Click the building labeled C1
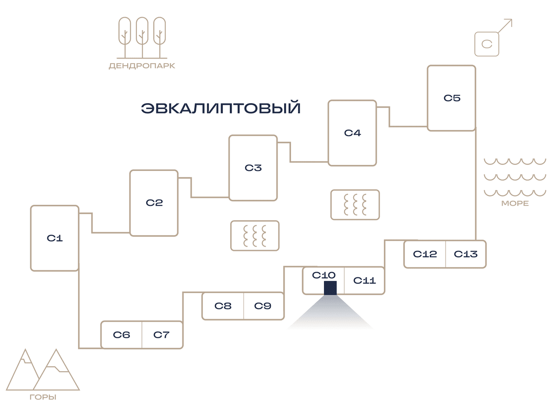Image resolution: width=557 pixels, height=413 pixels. (55, 238)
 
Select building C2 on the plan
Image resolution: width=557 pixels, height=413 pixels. (154, 203)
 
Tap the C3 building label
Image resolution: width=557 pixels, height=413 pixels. (253, 168)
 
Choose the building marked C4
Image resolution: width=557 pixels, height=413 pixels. (352, 133)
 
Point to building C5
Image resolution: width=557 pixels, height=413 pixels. (452, 98)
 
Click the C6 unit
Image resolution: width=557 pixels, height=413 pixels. (121, 335)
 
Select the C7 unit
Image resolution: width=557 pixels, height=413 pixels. (162, 335)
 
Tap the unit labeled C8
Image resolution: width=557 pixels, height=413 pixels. (223, 306)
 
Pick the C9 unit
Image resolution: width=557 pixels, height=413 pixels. (264, 306)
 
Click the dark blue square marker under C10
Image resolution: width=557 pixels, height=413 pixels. (330, 288)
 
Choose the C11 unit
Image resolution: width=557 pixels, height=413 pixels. (364, 281)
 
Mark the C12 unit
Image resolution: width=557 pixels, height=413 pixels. (425, 254)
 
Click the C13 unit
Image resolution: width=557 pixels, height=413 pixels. (466, 254)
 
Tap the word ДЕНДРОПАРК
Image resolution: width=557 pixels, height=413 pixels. (142, 66)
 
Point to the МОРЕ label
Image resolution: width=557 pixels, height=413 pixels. (515, 203)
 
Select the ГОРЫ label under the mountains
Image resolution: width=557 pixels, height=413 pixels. (43, 397)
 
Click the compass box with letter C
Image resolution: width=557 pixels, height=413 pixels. (487, 44)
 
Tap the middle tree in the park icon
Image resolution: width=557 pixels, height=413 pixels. (142, 38)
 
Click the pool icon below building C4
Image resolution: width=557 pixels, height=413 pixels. (355, 204)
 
